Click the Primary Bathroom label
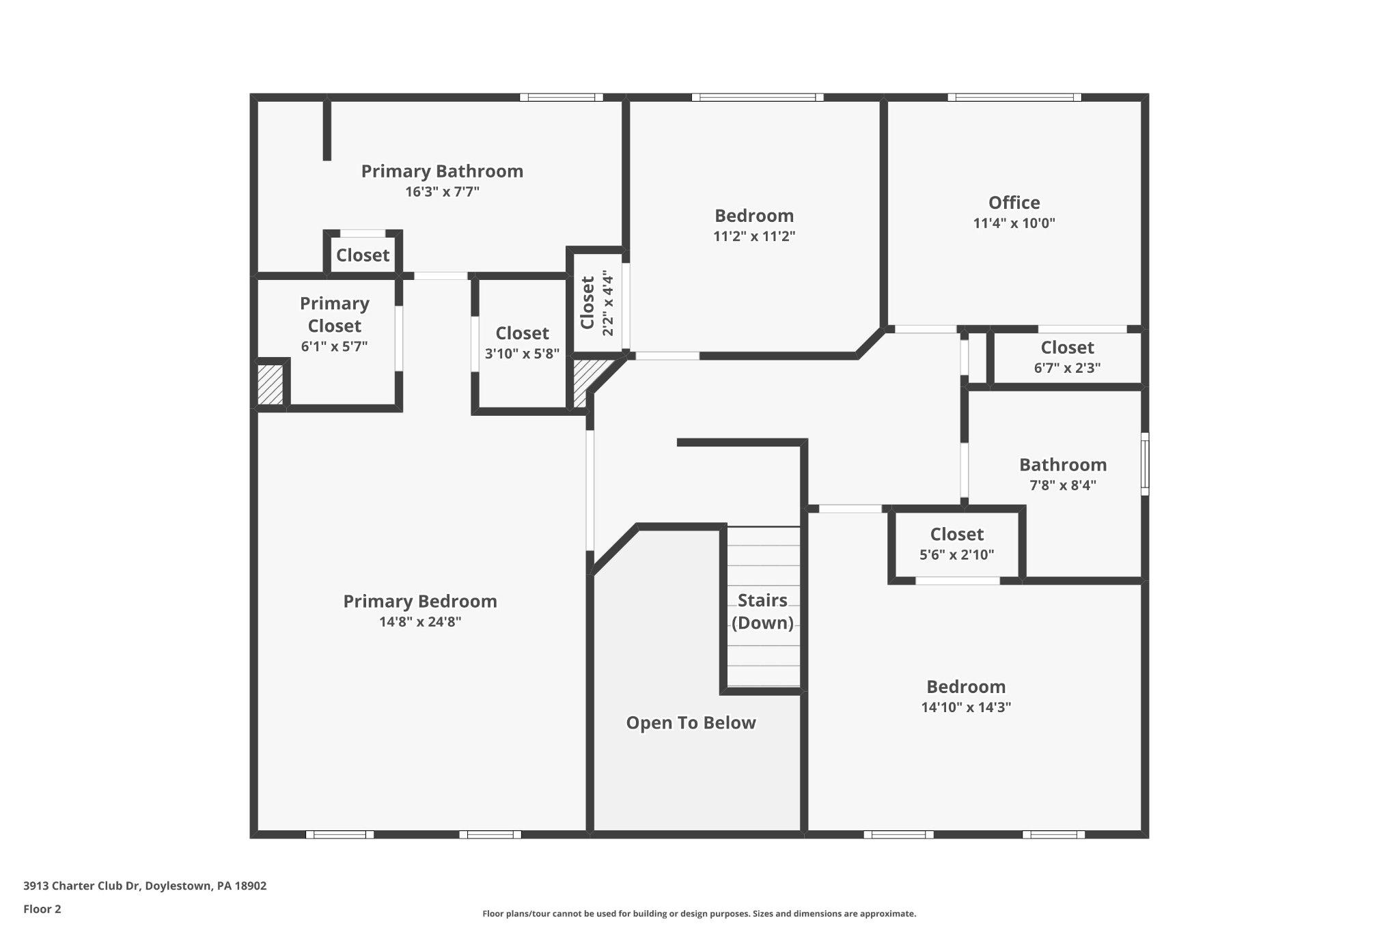coord(442,171)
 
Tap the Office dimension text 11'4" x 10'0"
coord(1014,223)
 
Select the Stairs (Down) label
coord(762,611)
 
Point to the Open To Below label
coord(691,722)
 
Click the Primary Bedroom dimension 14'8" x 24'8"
coord(420,622)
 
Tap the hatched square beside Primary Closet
coord(270,385)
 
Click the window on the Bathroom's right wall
coord(1145,464)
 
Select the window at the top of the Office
coord(1014,97)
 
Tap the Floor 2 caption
coord(42,909)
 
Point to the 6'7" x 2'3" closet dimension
coord(1067,368)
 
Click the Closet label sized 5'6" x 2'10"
coord(956,534)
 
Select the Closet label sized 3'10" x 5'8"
coord(522,333)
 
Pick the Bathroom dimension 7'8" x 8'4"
coord(1063,485)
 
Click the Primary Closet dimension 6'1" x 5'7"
coord(334,346)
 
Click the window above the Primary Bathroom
coord(561,97)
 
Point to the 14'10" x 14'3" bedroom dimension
coord(966,707)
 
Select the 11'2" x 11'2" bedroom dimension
coord(754,236)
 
